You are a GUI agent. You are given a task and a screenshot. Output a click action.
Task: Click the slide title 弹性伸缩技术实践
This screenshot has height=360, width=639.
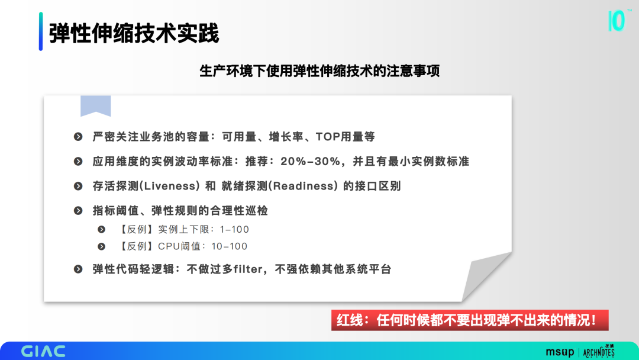click(134, 33)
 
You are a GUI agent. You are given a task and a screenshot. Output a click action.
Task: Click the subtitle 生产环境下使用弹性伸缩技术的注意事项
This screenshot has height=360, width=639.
click(319, 71)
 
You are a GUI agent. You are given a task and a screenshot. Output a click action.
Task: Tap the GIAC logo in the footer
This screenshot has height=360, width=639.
click(43, 351)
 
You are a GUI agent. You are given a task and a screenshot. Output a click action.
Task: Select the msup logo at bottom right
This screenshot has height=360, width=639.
click(560, 352)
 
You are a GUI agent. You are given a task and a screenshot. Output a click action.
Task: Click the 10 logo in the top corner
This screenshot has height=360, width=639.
click(617, 21)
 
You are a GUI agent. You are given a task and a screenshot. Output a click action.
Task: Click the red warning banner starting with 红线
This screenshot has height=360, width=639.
click(470, 320)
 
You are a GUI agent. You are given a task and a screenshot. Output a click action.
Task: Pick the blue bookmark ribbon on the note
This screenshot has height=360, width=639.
click(96, 106)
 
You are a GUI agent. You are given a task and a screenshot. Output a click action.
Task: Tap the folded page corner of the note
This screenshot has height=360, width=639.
click(486, 277)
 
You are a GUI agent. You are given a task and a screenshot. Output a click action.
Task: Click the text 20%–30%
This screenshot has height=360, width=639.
click(310, 162)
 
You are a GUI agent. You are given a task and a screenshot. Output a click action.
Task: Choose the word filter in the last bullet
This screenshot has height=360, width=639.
click(248, 269)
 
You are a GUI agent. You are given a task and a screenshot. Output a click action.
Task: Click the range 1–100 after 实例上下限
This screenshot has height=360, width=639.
click(234, 230)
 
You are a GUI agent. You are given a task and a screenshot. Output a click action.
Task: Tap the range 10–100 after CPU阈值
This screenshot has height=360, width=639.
click(230, 246)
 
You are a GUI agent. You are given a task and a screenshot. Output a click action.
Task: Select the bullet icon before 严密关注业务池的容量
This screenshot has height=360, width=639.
click(78, 137)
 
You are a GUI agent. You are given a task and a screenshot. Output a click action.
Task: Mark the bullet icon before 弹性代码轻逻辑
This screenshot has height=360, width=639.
click(78, 269)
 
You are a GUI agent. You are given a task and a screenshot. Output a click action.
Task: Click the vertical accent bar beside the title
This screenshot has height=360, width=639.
click(41, 31)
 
